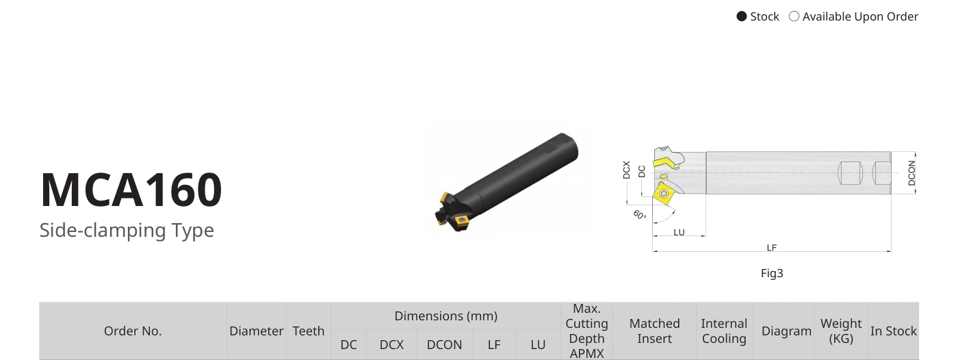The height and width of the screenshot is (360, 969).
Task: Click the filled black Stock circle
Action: [x=741, y=16]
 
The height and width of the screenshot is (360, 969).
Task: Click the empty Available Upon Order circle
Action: [x=794, y=16]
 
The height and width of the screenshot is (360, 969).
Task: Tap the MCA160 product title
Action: [x=131, y=190]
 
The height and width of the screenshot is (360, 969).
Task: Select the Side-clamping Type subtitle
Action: [x=127, y=230]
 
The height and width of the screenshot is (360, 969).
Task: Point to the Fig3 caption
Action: [x=772, y=274]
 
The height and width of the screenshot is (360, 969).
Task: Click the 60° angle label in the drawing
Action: [x=640, y=215]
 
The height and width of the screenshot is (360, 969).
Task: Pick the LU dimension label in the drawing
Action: [x=679, y=232]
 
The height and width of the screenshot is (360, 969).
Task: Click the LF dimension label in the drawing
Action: [x=772, y=248]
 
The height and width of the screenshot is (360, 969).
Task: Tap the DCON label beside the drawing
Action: [x=912, y=173]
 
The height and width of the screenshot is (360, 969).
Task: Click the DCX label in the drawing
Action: [x=626, y=170]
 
